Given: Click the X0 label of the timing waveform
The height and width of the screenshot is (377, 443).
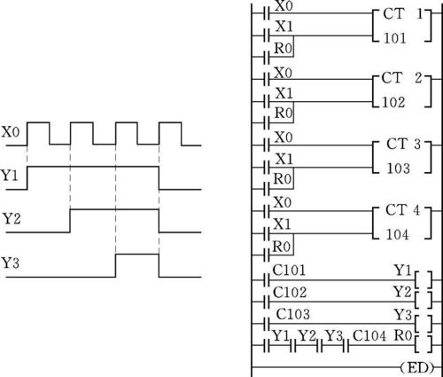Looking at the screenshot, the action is [x=11, y=132].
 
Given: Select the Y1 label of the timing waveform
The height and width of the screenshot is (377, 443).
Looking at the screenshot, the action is [x=10, y=176].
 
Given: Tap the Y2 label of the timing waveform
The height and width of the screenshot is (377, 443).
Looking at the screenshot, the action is [x=12, y=219].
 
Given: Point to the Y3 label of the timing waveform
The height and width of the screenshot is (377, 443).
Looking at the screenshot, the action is [x=11, y=263].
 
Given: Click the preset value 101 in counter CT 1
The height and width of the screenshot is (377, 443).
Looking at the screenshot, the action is [x=395, y=38].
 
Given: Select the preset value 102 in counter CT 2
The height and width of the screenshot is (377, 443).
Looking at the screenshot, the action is [x=393, y=102].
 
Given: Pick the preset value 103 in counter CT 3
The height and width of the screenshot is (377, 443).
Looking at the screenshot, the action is [x=399, y=169].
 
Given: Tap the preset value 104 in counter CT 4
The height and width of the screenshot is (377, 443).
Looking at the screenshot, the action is [x=398, y=235].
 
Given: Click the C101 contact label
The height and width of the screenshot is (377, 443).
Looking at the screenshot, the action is [x=289, y=271].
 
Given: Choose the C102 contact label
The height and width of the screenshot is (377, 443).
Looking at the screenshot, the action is [x=290, y=292].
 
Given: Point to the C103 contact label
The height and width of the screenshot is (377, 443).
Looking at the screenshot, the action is [x=293, y=314].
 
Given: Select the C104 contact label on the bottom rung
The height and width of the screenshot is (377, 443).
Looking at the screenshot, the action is [x=369, y=336].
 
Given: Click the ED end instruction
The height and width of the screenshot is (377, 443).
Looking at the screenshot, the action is [x=417, y=368].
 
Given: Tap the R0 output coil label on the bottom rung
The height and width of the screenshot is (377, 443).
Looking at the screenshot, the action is [x=403, y=335].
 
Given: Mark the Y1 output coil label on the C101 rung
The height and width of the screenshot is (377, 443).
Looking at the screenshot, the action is [x=403, y=271].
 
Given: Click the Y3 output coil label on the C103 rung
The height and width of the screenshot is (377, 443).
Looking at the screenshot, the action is [x=403, y=315].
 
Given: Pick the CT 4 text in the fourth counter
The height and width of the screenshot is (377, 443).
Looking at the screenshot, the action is [x=403, y=210].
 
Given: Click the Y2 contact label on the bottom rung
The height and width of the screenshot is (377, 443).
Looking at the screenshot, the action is [x=307, y=336].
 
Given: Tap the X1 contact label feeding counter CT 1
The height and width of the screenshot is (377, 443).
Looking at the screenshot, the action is [x=284, y=27].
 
